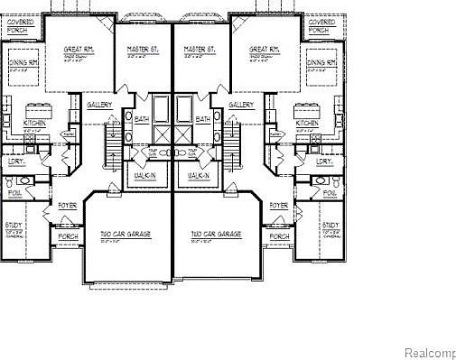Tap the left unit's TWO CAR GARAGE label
[126, 235]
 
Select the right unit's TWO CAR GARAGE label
[216, 235]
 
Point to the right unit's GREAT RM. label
[264, 49]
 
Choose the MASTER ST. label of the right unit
[198, 49]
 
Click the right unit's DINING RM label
[321, 63]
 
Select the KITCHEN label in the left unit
[34, 123]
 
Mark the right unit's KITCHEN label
[307, 123]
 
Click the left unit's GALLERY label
[99, 105]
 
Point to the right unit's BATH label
[203, 118]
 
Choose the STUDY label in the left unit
[14, 225]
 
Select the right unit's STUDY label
[330, 225]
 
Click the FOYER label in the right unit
[278, 205]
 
